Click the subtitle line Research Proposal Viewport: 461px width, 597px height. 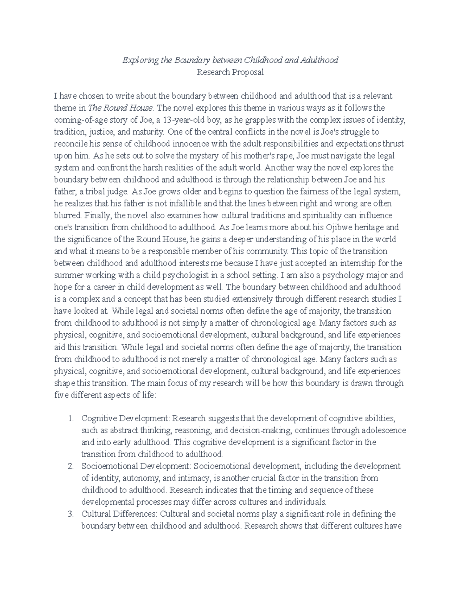click(230, 72)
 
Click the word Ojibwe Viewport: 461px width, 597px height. click(340, 227)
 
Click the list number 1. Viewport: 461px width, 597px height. click(70, 418)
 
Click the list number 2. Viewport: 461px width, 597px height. click(70, 466)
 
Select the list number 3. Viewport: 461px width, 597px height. click(70, 514)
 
